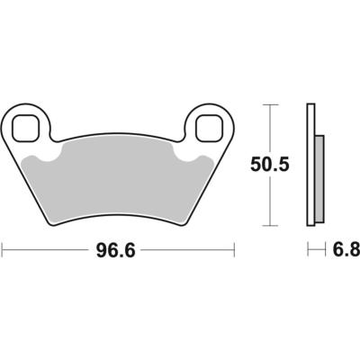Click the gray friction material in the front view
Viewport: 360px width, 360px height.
coord(121,180)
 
